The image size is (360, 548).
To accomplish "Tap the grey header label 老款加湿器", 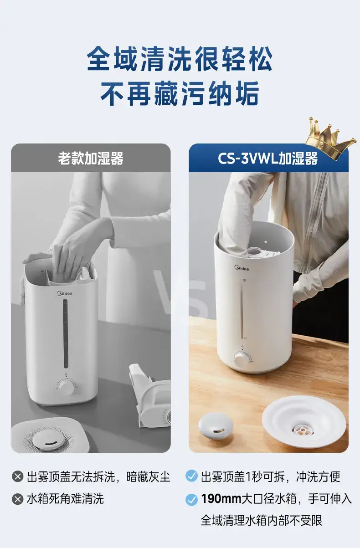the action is tap(91, 158).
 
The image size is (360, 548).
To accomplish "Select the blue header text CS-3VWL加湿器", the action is tap(268, 158).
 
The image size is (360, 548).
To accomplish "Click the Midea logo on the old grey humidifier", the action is tap(65, 293).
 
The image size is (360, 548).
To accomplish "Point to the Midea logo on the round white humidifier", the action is tap(242, 268).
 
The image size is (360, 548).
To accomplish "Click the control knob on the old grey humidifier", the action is tap(66, 387).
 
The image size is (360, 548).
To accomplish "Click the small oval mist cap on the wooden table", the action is tap(215, 426).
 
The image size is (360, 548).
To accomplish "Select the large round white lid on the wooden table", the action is tap(304, 422).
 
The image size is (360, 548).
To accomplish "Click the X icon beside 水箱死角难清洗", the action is tap(18, 499).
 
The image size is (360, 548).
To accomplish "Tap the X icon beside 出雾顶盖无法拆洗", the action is tap(18, 476).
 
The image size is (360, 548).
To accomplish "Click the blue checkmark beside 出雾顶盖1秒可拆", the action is tap(191, 476).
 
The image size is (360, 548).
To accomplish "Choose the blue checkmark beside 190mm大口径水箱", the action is tap(191, 500).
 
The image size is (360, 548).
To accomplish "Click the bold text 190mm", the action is tap(221, 499).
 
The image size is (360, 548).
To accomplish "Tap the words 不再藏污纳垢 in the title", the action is tap(180, 93).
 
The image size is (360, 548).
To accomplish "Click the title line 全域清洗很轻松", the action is tap(180, 58).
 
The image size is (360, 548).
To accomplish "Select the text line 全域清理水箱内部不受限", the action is tap(262, 521).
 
